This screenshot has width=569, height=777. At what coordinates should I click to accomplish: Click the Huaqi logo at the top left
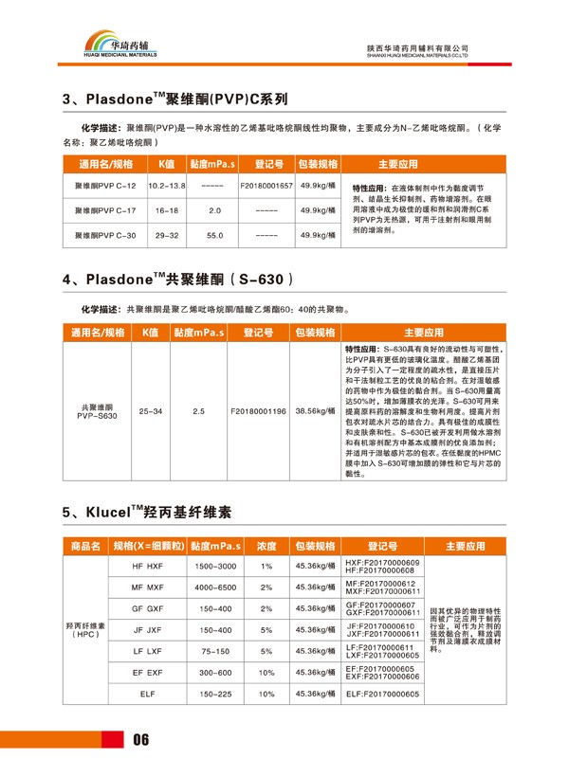coord(123,44)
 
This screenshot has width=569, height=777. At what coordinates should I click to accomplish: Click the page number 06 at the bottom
coord(141,740)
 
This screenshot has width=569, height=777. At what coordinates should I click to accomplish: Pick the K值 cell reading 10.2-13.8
coord(166,186)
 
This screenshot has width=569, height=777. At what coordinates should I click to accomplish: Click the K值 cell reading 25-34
coord(150,411)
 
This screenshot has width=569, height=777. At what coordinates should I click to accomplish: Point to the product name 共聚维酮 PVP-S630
coord(98,411)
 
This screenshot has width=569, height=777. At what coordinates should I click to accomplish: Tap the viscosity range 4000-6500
coord(214,587)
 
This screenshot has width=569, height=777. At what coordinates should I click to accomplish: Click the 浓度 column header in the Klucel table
coord(266,546)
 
